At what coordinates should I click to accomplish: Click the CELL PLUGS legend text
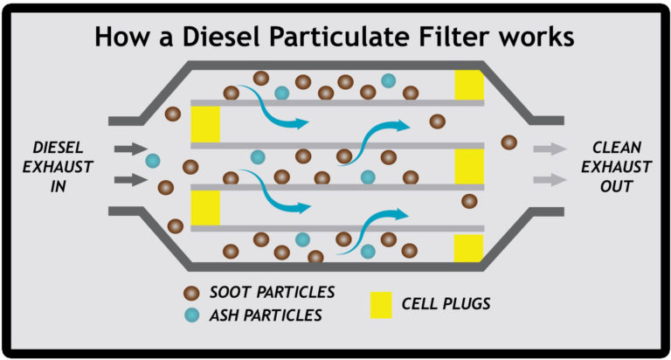tap(446, 304)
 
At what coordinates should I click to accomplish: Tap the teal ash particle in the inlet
tap(153, 161)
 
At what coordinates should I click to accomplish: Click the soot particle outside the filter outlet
tap(508, 142)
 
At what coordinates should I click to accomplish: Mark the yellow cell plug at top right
tap(469, 85)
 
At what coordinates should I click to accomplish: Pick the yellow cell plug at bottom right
tap(469, 247)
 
